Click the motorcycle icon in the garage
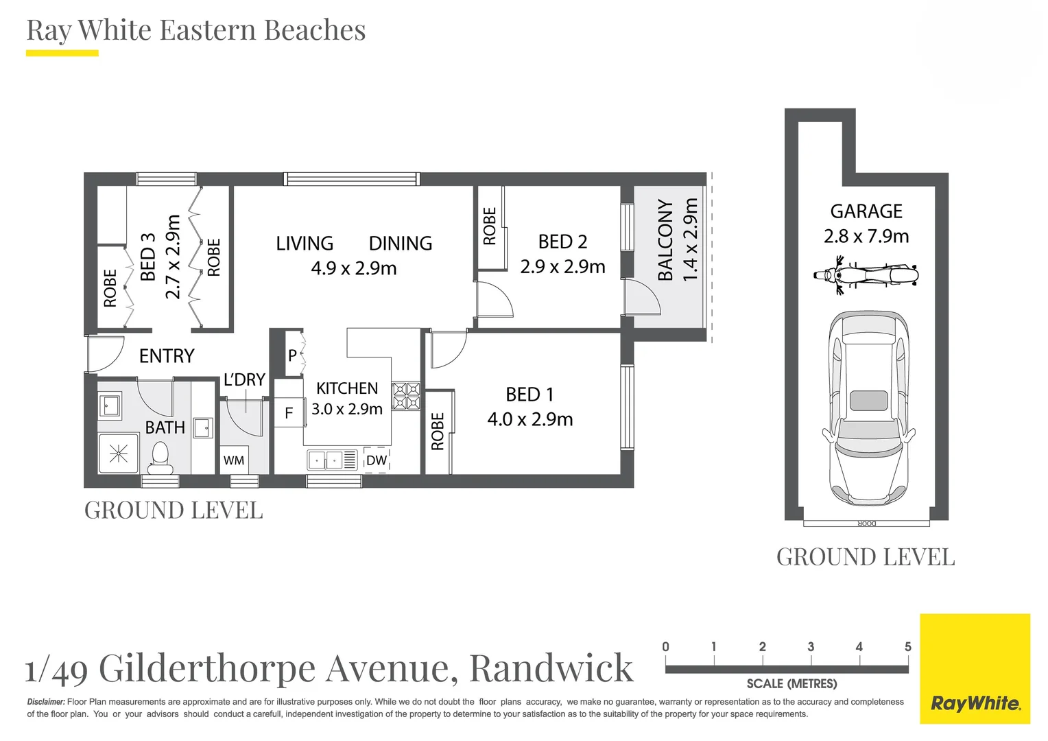click(x=866, y=276)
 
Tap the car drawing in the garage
click(x=868, y=408)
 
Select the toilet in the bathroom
click(x=160, y=458)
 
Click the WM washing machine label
click(x=234, y=460)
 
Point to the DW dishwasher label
click(x=377, y=460)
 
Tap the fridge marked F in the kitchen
click(x=289, y=413)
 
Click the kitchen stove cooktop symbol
click(x=406, y=397)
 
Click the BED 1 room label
click(x=529, y=395)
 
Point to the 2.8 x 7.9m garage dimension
click(x=866, y=237)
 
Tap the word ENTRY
click(x=167, y=356)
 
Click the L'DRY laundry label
click(x=244, y=380)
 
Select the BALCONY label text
click(x=665, y=240)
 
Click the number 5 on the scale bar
click(x=907, y=647)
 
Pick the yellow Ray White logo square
click(x=975, y=668)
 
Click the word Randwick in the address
click(x=551, y=668)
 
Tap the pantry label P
click(x=292, y=355)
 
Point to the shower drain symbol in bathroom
click(x=119, y=453)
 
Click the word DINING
click(x=401, y=244)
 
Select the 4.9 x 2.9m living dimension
click(x=354, y=268)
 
